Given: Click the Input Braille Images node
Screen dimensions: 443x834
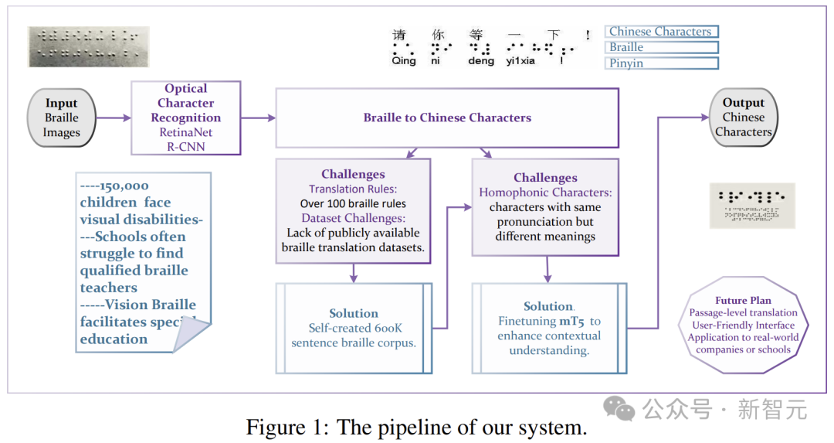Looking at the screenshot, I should point(62,118).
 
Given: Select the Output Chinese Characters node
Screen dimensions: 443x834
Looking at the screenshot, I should point(743,118).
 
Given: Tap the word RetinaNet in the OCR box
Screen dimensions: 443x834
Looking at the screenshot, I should point(186,132).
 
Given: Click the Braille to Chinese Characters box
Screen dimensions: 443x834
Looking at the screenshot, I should point(447,118).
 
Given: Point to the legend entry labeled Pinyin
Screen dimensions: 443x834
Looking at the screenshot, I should point(661,63).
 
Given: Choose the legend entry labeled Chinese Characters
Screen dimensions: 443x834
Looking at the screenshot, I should point(661,32).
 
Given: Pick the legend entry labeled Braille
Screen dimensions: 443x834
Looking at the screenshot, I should point(661,47).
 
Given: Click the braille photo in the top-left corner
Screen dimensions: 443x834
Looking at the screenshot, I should point(88,46).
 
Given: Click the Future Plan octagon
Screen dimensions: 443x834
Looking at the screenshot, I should point(743,325).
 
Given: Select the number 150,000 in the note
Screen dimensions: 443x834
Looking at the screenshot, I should point(124,186).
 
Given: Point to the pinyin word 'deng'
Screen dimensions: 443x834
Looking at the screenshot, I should point(481,61).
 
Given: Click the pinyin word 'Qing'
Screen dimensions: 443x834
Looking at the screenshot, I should point(403,61).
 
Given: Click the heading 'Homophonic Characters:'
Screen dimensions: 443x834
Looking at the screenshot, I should point(545,193).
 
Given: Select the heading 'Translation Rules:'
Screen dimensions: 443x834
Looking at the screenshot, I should point(353,189).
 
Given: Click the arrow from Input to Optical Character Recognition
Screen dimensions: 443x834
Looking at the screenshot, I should point(114,118).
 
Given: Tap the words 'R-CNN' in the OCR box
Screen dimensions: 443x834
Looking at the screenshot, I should point(186,147).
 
